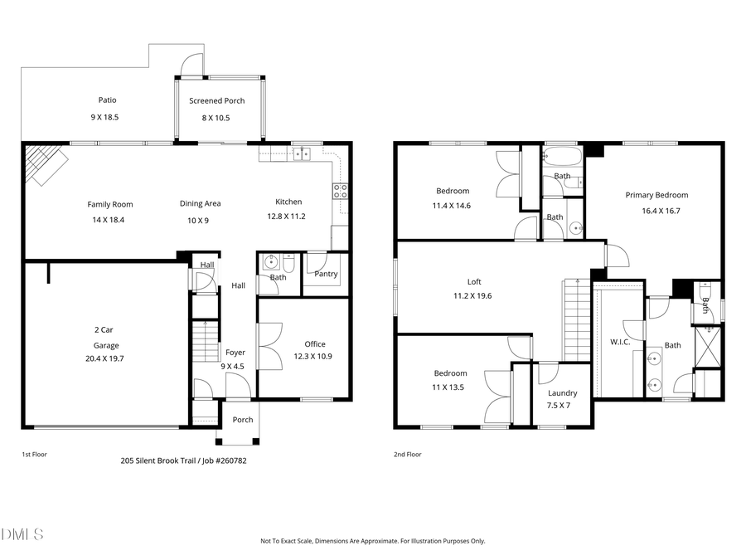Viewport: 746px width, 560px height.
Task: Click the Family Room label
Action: coord(109,204)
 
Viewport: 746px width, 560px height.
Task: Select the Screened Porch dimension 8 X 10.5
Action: coord(216,118)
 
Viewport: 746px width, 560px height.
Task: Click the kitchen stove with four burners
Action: coord(340,192)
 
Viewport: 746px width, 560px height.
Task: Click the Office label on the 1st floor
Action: coord(315,344)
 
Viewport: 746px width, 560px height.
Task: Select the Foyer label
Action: coord(235,353)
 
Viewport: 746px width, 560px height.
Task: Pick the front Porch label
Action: coord(243,420)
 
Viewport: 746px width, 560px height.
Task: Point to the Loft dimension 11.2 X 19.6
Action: coord(472,295)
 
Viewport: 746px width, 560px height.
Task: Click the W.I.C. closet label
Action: coord(621,341)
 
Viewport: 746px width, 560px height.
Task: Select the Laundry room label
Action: coord(563,393)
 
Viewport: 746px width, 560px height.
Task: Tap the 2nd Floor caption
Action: coord(408,455)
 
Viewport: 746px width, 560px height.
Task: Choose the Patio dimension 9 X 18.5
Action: coord(104,118)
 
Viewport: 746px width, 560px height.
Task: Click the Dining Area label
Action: coord(201,203)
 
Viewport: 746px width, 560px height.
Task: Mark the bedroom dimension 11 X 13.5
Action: coord(450,387)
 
